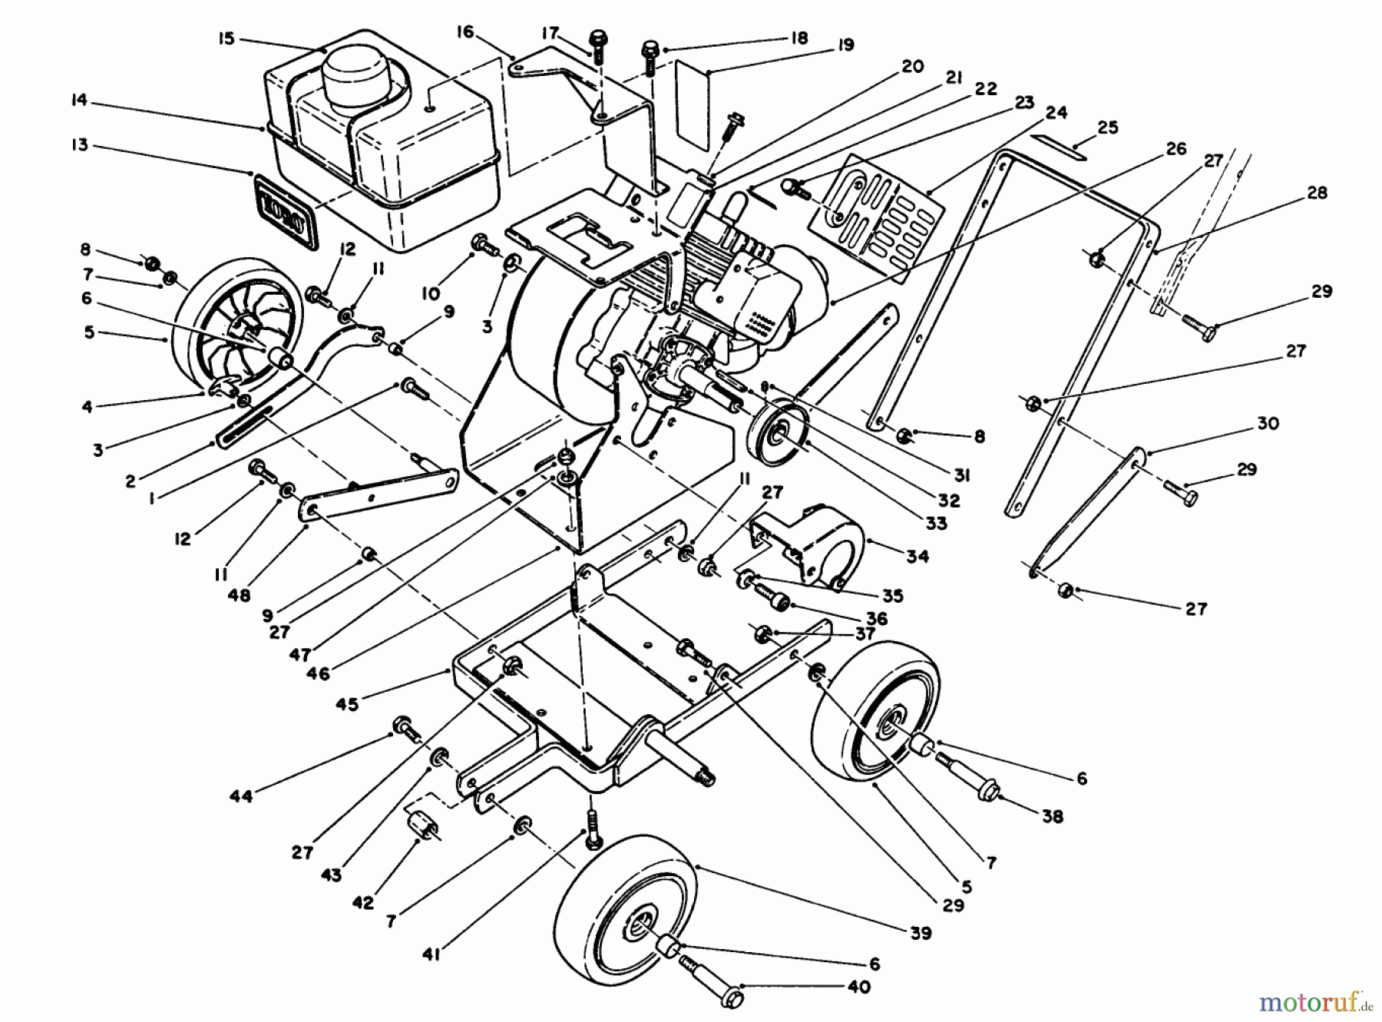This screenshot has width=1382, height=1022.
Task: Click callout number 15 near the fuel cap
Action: (226, 38)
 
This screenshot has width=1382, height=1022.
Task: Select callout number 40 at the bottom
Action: (861, 987)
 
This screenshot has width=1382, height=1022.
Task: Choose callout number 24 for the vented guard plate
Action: (1056, 112)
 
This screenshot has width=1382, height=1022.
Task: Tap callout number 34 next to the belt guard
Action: (917, 555)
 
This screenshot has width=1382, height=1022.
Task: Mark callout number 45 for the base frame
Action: (347, 703)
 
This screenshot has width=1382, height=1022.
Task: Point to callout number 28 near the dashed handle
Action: (1317, 192)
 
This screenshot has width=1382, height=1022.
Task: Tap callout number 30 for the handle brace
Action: (1268, 423)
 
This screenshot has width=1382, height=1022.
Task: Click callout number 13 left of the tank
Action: (80, 145)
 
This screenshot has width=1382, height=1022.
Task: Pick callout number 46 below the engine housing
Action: (318, 673)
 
